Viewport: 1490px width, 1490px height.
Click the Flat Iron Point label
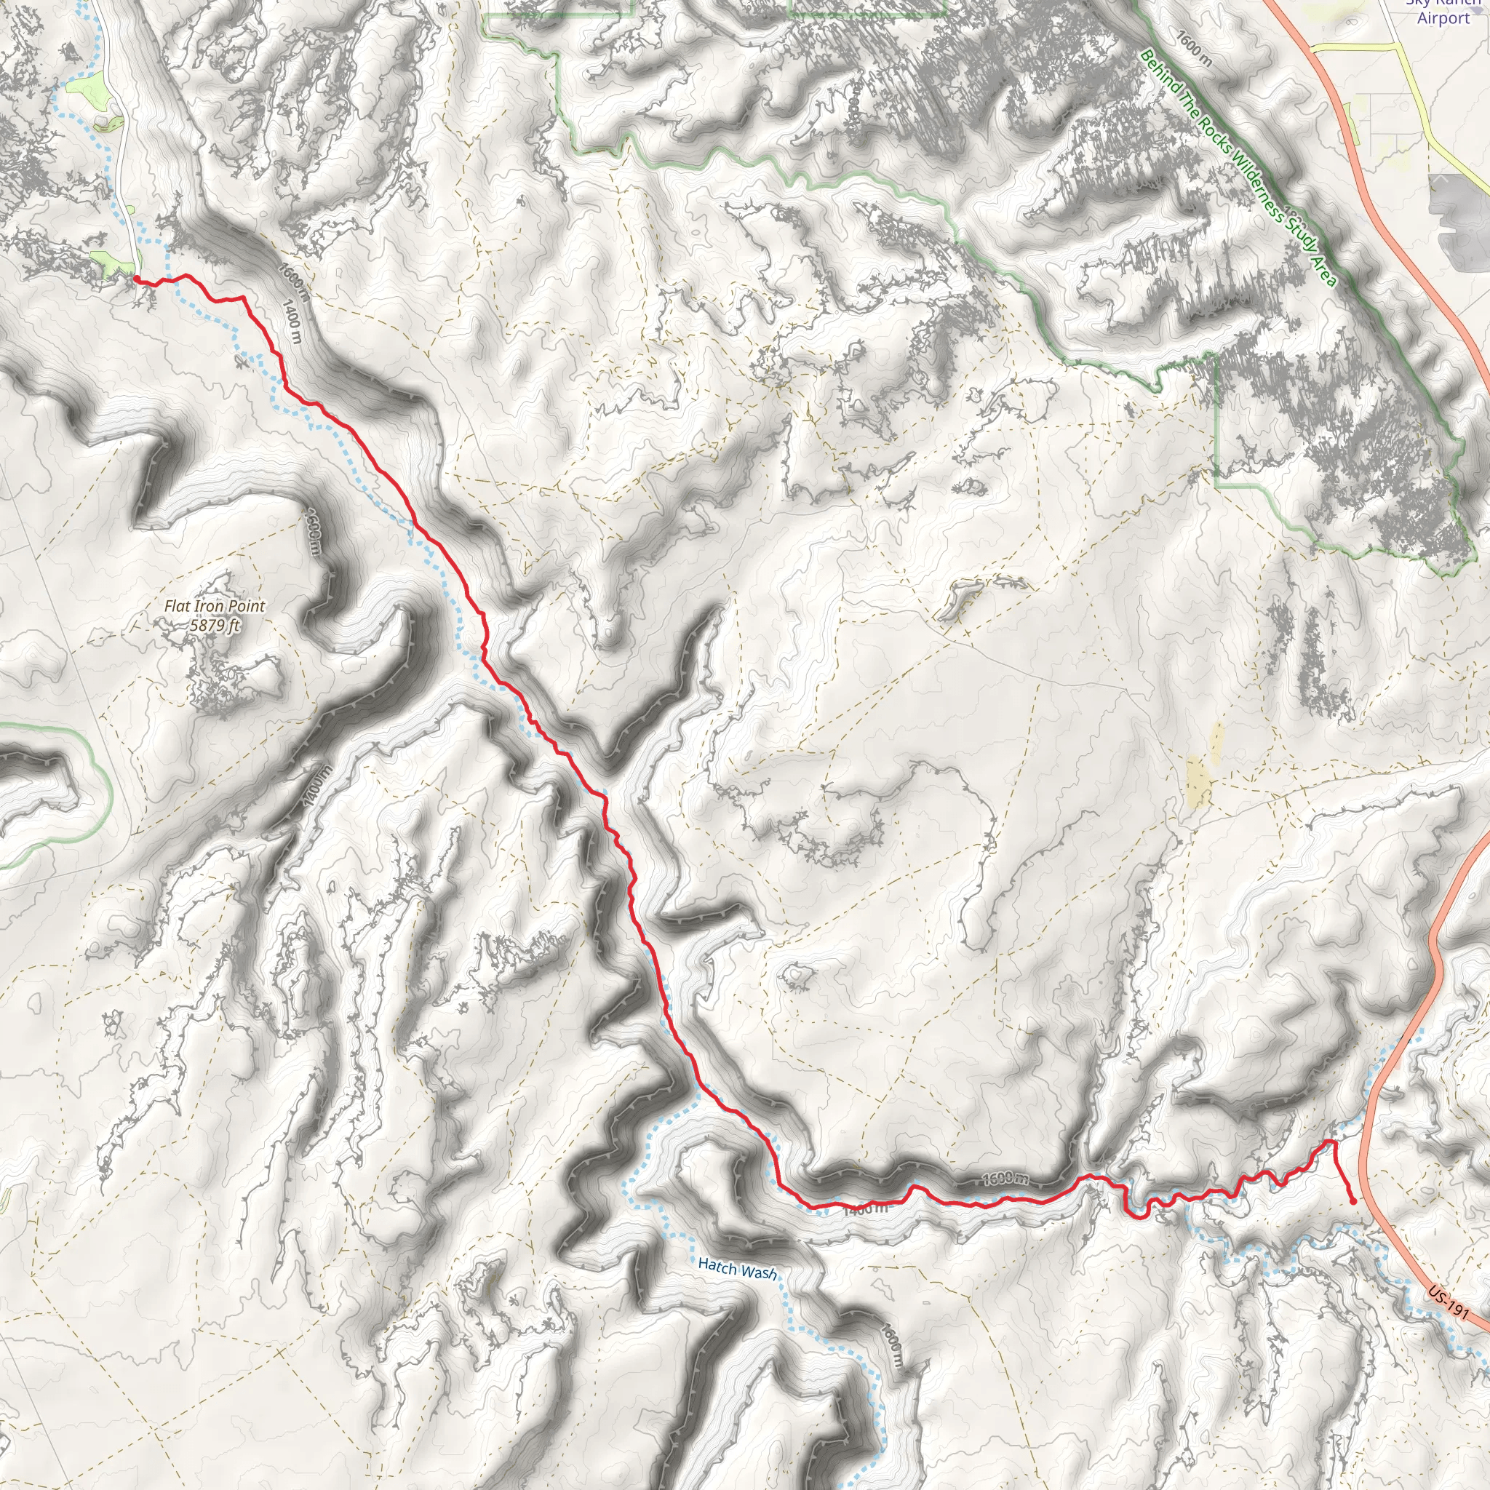coord(215,607)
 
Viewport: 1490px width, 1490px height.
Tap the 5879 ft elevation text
coord(215,625)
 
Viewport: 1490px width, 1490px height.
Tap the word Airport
coord(1443,17)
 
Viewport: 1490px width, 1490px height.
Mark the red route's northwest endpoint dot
coord(136,278)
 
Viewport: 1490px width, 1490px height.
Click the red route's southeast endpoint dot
coord(1353,1200)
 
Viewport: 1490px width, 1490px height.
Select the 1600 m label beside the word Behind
coord(1194,48)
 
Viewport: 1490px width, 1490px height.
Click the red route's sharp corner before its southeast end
coord(1332,1142)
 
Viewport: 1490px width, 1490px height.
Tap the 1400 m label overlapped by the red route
coord(865,1209)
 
